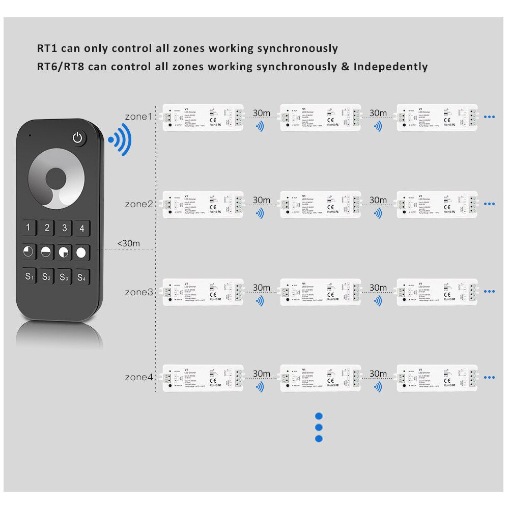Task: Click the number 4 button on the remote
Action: point(82,228)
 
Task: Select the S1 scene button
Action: point(30,277)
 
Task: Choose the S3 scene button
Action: point(64,277)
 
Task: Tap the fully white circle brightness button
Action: point(81,252)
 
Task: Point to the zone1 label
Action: point(138,117)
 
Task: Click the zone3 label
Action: point(138,292)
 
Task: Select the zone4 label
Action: point(138,377)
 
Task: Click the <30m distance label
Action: point(128,243)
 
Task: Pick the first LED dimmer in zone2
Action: point(202,204)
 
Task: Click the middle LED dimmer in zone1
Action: point(320,117)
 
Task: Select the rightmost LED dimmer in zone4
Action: point(437,378)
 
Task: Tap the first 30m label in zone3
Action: point(262,288)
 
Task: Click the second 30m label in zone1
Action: point(378,112)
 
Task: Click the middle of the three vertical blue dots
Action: point(319,428)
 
